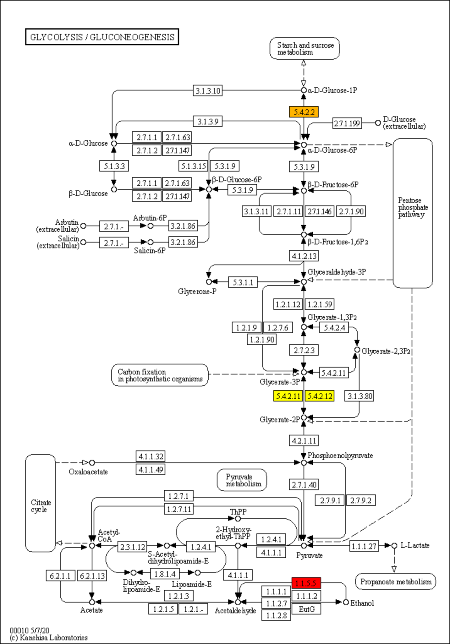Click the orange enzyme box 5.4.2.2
click(304, 112)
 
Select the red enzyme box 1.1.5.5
click(306, 583)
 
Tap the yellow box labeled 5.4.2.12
click(320, 396)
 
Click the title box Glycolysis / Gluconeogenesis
click(102, 37)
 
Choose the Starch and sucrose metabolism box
click(305, 48)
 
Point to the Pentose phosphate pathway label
click(413, 207)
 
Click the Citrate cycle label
click(41, 506)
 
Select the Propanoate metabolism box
click(395, 581)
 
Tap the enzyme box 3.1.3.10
click(208, 91)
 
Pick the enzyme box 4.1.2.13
click(304, 256)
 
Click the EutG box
click(306, 609)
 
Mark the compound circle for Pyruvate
click(304, 545)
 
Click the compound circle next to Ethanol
click(346, 602)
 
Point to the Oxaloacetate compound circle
click(92, 463)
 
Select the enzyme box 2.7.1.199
click(347, 123)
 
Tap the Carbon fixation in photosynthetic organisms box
click(160, 375)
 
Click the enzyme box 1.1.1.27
click(364, 546)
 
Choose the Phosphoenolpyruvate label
click(340, 456)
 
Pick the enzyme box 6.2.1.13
click(92, 576)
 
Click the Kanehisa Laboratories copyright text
click(49, 637)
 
